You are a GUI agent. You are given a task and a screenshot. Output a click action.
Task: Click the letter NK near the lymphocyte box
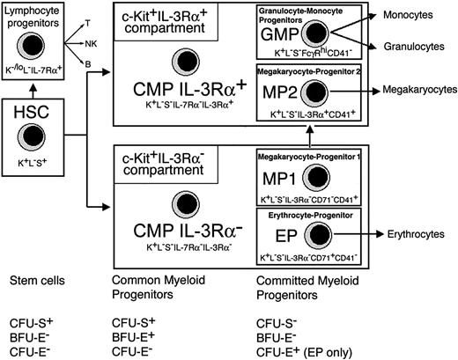(x=92, y=41)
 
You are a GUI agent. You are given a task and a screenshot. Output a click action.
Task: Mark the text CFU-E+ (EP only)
(x=295, y=352)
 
